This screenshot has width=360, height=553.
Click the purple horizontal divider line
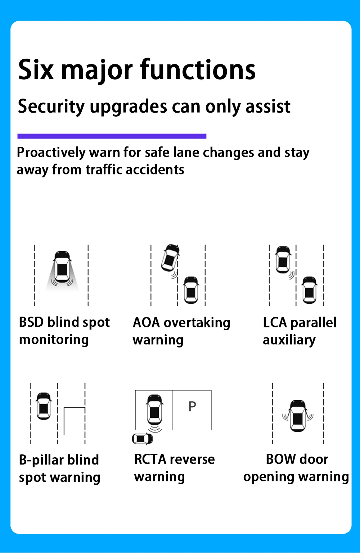(x=112, y=136)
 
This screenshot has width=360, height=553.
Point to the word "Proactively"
(x=51, y=153)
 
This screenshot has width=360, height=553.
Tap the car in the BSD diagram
(x=62, y=267)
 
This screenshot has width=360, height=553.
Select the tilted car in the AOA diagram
(x=170, y=257)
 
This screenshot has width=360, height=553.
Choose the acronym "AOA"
(x=146, y=322)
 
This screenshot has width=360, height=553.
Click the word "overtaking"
(x=197, y=323)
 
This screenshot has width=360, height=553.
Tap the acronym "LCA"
(x=275, y=322)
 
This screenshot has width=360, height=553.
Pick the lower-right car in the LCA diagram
(x=309, y=290)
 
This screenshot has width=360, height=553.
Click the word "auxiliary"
(x=289, y=340)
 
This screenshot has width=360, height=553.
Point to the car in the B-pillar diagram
(x=44, y=406)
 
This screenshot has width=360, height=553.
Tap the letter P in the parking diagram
(x=192, y=407)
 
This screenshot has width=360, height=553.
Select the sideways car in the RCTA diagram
(x=143, y=439)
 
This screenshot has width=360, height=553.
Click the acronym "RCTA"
(x=150, y=459)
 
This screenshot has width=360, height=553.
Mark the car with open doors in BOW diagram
(x=298, y=416)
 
